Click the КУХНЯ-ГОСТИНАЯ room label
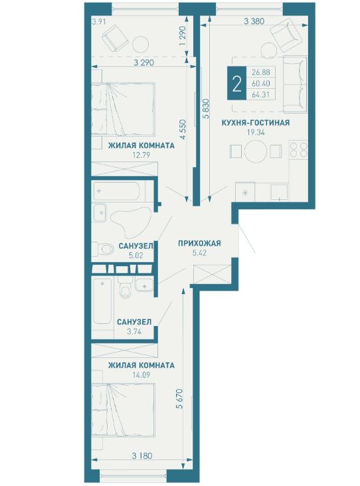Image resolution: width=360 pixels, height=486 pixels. [256, 123]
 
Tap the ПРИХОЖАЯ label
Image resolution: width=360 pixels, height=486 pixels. [199, 243]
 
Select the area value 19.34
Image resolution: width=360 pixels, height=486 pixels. [256, 132]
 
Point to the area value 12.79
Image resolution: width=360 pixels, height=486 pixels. [141, 155]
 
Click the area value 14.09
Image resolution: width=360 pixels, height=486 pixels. [141, 374]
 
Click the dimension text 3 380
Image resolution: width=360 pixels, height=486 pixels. [254, 21]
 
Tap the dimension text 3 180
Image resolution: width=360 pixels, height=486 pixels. [142, 456]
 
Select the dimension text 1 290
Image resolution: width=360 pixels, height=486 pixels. [183, 37]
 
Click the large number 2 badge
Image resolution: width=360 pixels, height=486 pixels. [236, 84]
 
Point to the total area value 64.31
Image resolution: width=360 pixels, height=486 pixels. [261, 95]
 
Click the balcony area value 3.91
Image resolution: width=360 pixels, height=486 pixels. [99, 22]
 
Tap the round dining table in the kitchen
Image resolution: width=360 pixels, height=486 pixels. [256, 151]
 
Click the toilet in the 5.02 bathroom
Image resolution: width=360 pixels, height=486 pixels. [103, 250]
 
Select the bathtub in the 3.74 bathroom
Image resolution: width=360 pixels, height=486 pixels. [103, 301]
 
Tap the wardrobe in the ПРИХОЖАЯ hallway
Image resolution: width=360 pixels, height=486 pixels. [212, 274]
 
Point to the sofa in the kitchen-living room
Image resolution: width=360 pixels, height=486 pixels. [294, 84]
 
